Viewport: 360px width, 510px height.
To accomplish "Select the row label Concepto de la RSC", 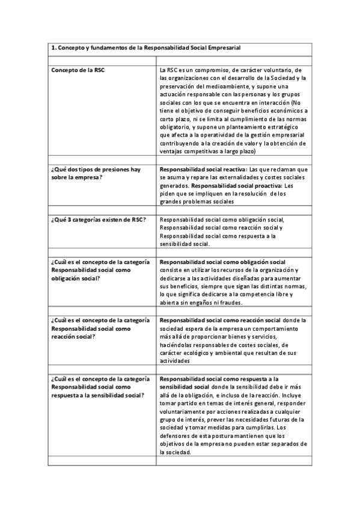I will pos(77,70).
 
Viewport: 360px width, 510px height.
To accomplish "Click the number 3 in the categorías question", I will pos(74,220).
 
